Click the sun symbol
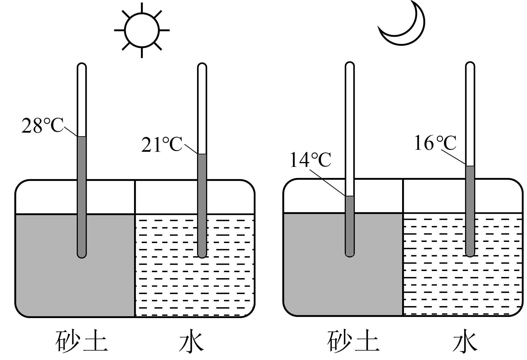pyautogui.click(x=142, y=30)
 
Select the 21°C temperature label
pyautogui.click(x=162, y=144)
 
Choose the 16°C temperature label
pyautogui.click(x=435, y=143)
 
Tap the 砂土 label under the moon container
pyautogui.click(x=353, y=341)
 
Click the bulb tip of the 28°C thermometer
pyautogui.click(x=82, y=257)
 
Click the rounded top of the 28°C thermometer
pyautogui.click(x=82, y=63)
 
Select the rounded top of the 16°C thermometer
pyautogui.click(x=470, y=62)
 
